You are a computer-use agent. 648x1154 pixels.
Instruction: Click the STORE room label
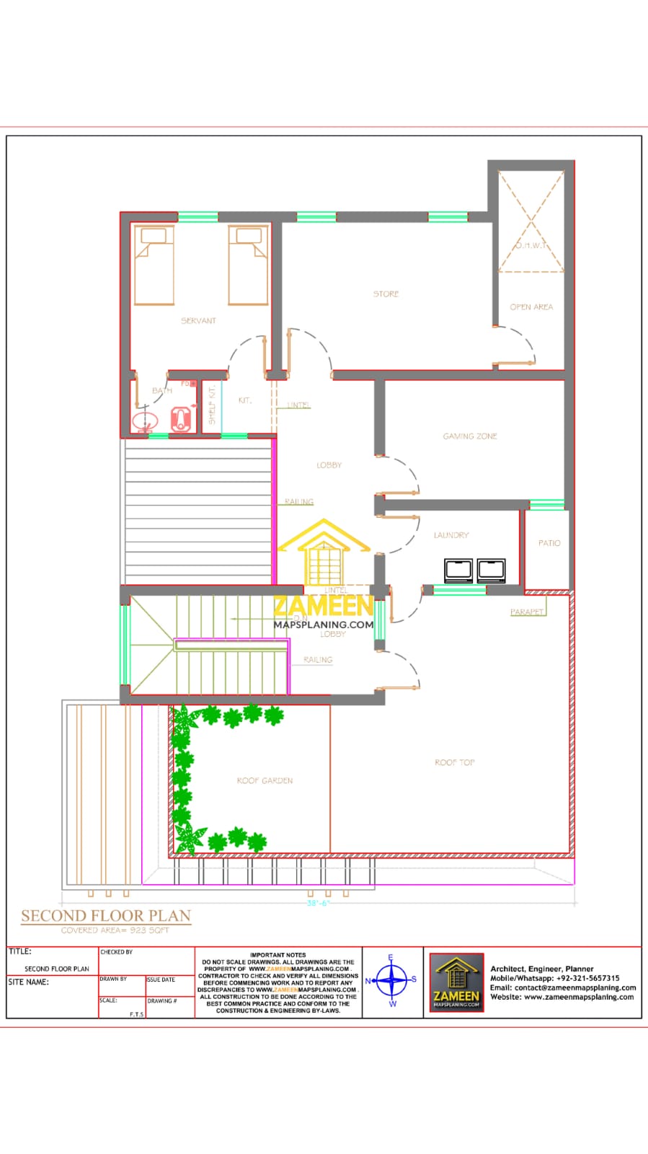pyautogui.click(x=386, y=294)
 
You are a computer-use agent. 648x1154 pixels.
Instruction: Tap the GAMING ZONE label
pyautogui.click(x=470, y=436)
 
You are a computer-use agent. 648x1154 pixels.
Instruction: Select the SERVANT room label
pyautogui.click(x=198, y=321)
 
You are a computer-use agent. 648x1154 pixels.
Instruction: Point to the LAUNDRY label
pyautogui.click(x=451, y=535)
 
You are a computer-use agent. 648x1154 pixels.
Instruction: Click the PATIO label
pyautogui.click(x=549, y=543)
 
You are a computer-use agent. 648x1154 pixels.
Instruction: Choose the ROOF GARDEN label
pyautogui.click(x=265, y=780)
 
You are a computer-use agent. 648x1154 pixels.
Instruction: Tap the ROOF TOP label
pyautogui.click(x=454, y=762)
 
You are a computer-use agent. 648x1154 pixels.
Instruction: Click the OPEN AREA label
pyautogui.click(x=531, y=307)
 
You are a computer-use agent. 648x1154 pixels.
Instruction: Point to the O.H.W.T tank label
pyautogui.click(x=531, y=245)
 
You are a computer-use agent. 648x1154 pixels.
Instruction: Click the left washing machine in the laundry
pyautogui.click(x=458, y=570)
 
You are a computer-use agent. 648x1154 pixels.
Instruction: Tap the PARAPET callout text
pyautogui.click(x=527, y=612)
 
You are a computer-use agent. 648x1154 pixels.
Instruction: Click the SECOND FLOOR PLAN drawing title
pyautogui.click(x=106, y=916)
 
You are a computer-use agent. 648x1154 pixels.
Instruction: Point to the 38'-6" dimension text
pyautogui.click(x=318, y=903)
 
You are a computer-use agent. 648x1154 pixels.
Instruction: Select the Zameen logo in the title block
pyautogui.click(x=456, y=982)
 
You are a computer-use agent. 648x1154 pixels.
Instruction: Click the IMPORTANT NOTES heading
pyautogui.click(x=278, y=955)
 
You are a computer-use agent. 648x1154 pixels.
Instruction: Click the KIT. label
pyautogui.click(x=245, y=400)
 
